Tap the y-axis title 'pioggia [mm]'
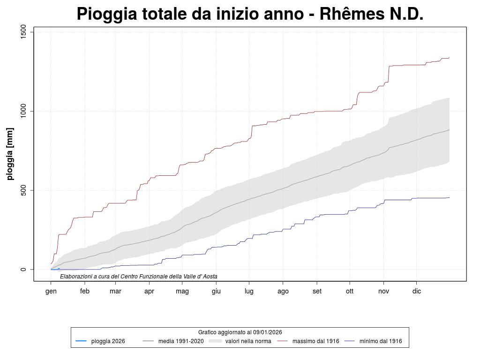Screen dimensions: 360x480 pos(10,154)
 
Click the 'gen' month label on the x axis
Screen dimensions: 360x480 pos(51,291)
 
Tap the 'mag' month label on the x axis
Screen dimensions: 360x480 pos(182,291)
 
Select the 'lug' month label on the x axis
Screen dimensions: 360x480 pos(249,291)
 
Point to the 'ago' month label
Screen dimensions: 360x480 pos(283,291)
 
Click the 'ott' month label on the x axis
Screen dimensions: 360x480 pos(350,291)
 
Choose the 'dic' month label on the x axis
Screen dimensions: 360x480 pos(416,291)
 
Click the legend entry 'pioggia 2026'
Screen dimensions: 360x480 pos(108,341)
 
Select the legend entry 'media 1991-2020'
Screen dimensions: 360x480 pos(181,341)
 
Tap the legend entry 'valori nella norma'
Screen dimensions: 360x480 pos(248,341)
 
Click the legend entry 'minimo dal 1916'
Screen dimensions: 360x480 pos(381,341)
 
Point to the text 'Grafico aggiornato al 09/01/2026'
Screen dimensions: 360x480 pos(240,332)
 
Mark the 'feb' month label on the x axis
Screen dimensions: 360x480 pos(85,291)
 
